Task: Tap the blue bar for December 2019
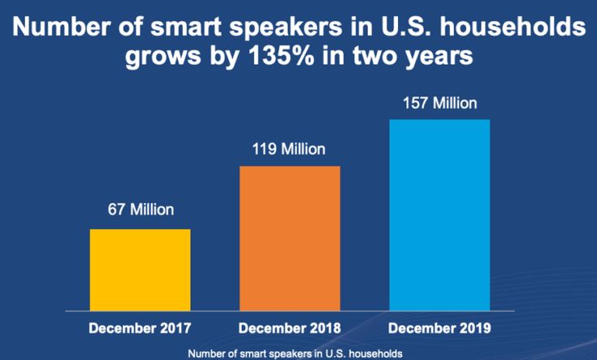tap(439, 215)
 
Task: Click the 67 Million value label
tap(141, 210)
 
